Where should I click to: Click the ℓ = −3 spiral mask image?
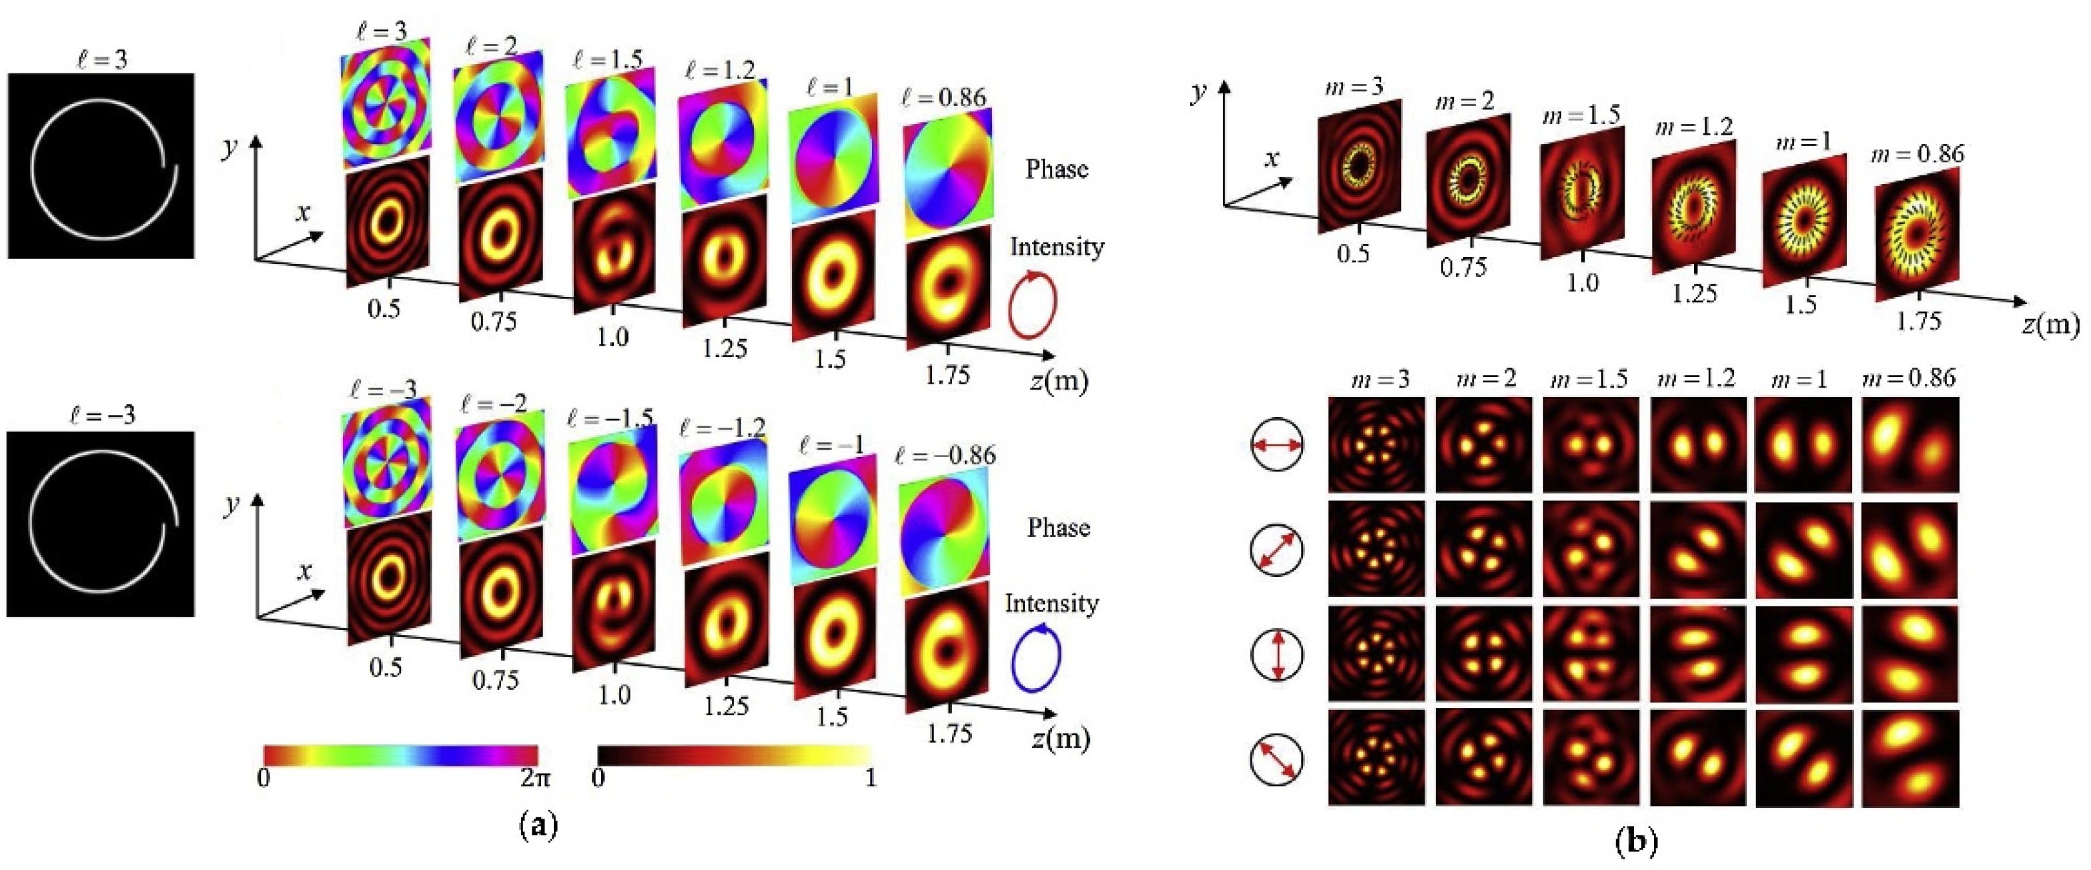101,524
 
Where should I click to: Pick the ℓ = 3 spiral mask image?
101,166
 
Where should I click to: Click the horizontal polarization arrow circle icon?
1278,445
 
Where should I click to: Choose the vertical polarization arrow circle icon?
1278,654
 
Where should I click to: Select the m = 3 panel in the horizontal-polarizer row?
1376,445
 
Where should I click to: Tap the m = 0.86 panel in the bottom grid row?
1910,759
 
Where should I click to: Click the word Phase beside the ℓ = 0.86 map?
1057,169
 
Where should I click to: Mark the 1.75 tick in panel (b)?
1918,320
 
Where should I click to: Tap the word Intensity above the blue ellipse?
1052,603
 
